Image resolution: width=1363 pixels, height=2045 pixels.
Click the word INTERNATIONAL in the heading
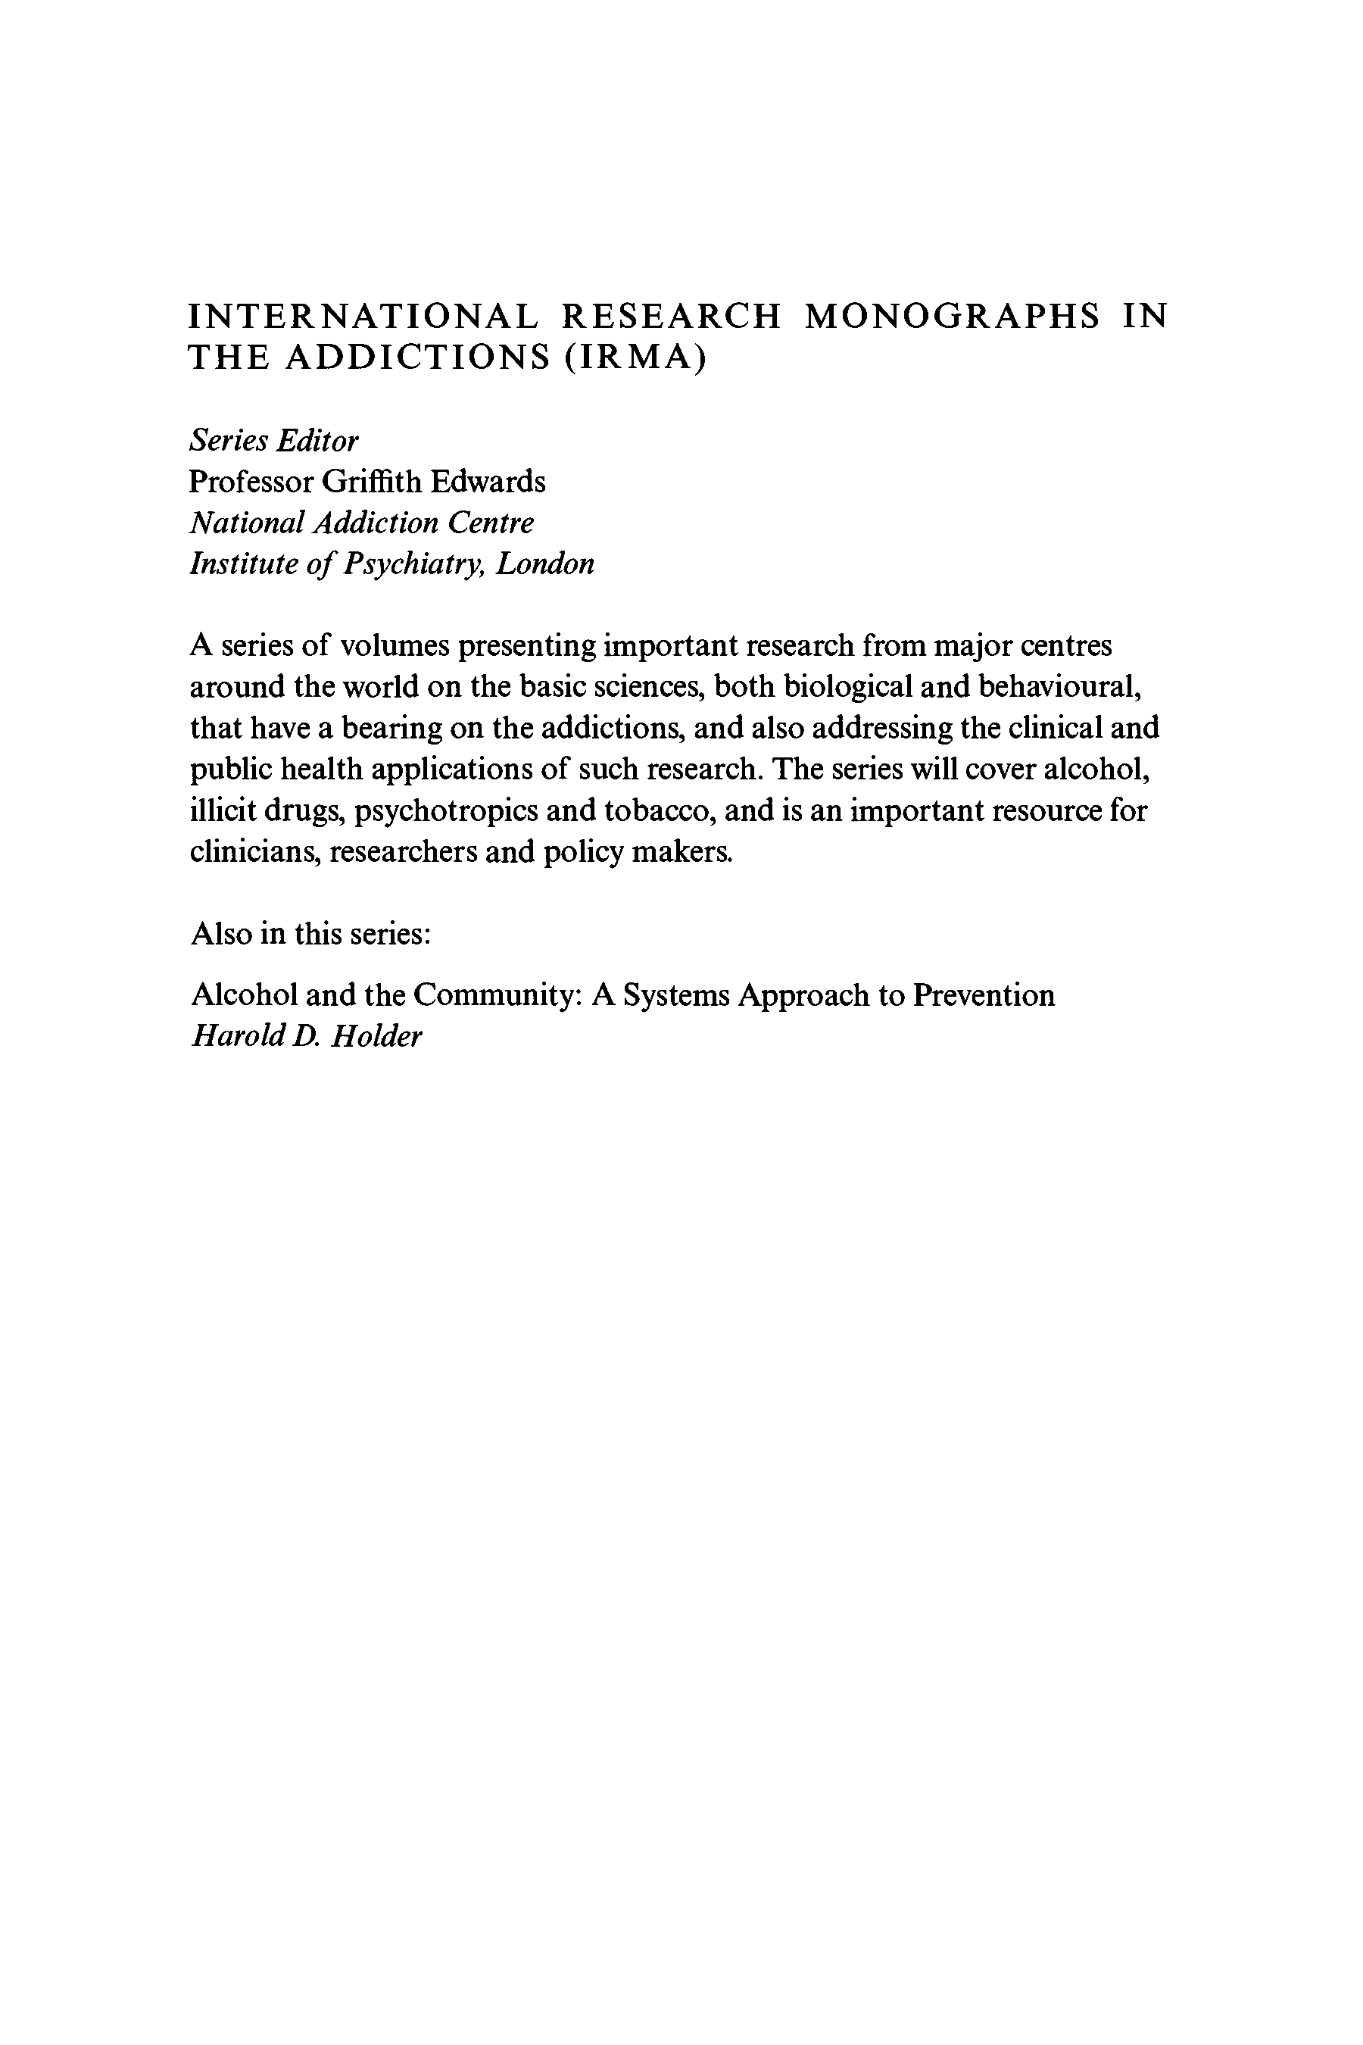coord(363,317)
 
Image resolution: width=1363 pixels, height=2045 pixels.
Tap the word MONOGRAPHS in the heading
coord(953,317)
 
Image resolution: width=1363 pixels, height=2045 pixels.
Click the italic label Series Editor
coord(274,441)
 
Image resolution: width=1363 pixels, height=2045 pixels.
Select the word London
coord(545,564)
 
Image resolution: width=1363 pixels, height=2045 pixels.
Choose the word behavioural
coord(1059,687)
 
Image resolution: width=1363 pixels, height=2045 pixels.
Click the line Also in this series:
coord(311,934)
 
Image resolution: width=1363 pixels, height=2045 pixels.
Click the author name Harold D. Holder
coord(306,1036)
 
